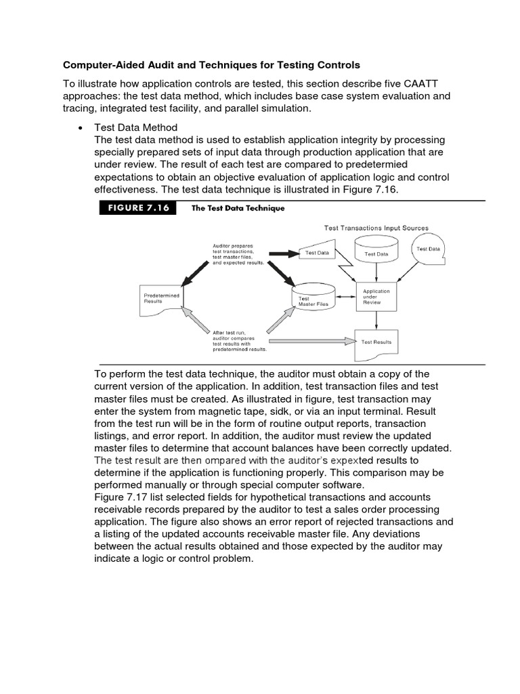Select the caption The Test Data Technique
click(x=238, y=209)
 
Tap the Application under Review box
click(x=377, y=296)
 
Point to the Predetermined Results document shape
click(x=161, y=299)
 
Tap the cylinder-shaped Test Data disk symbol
click(x=377, y=253)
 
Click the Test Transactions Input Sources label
click(x=376, y=228)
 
